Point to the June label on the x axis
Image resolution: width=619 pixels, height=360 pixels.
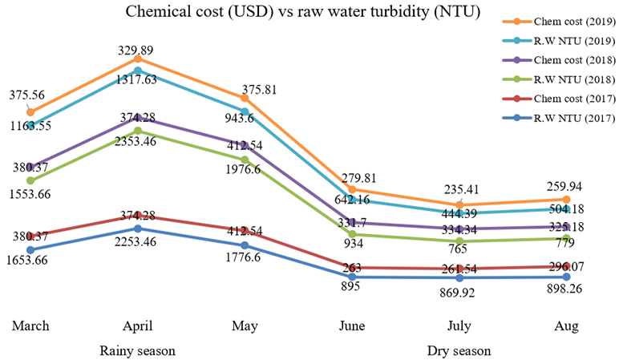point(352,327)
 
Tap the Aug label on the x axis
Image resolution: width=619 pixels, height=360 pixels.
point(567,327)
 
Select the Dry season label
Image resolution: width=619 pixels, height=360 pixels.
point(459,351)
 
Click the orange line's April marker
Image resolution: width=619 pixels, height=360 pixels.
point(138,59)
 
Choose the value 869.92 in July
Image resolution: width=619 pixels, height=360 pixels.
point(458,293)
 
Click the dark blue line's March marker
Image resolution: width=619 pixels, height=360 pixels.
point(30,249)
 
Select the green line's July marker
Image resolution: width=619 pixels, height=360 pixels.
point(459,241)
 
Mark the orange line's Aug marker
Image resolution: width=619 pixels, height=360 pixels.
point(567,199)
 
